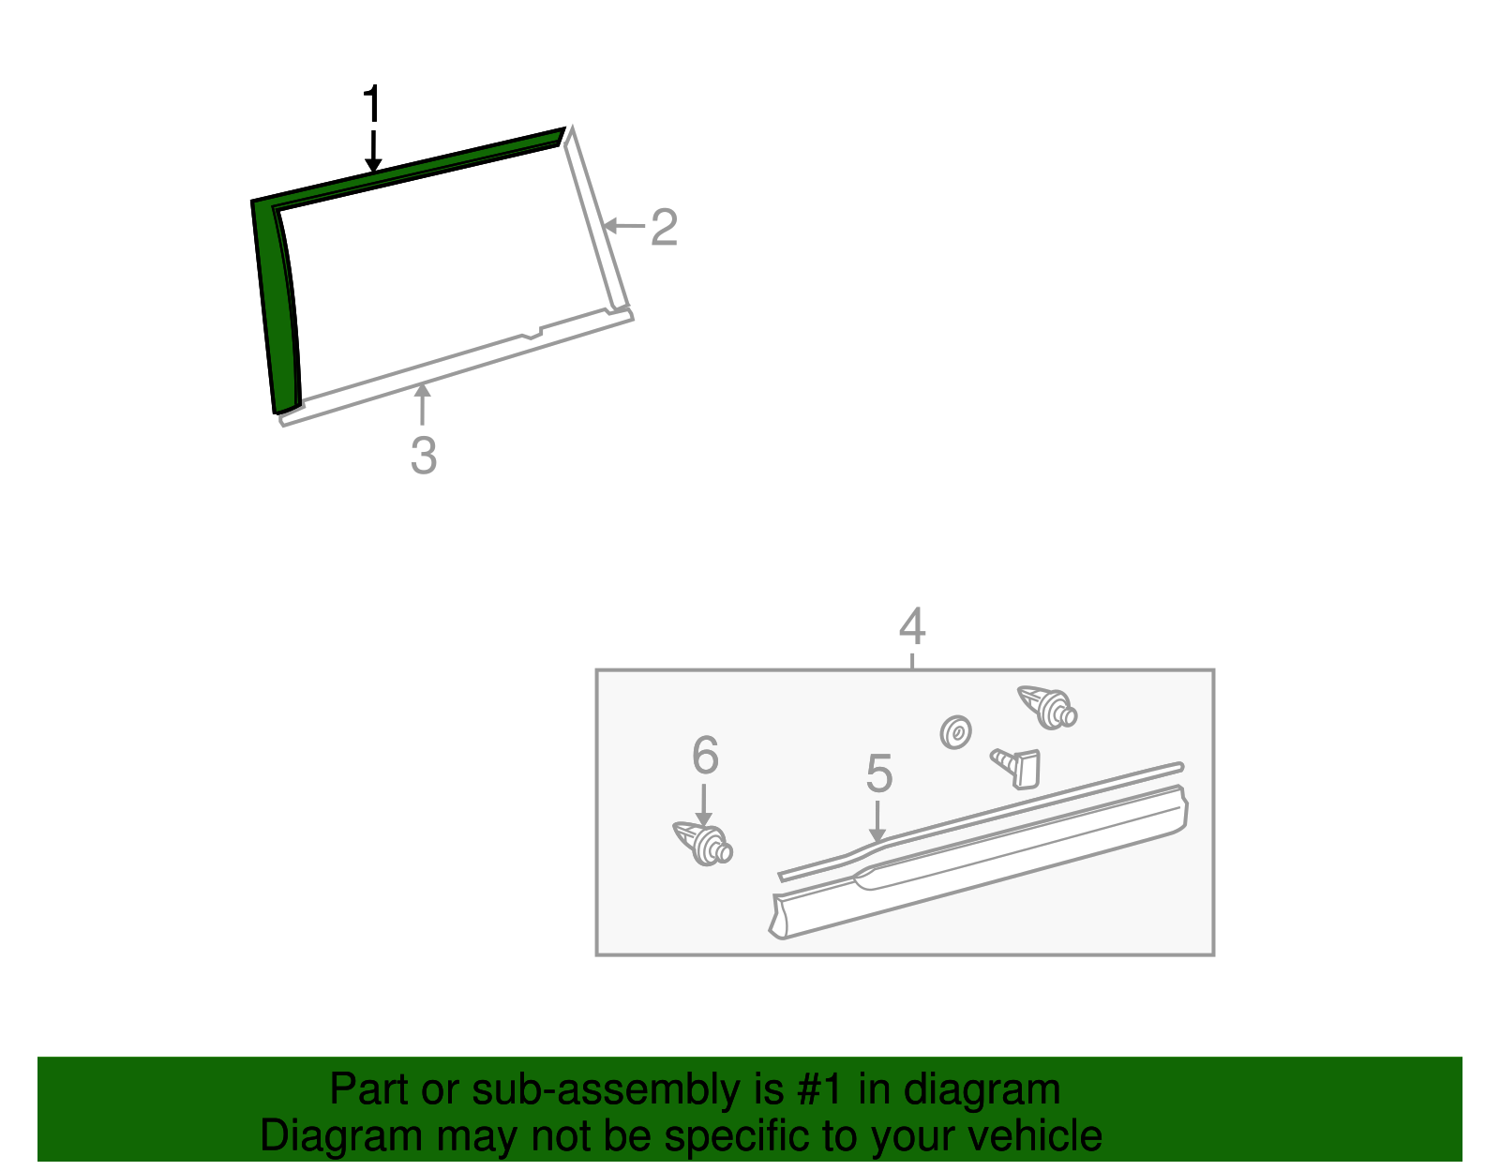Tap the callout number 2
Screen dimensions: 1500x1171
[664, 227]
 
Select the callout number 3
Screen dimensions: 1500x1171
[423, 456]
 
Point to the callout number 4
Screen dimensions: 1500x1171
[912, 626]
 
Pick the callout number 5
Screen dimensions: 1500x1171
[879, 773]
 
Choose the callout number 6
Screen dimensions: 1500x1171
[706, 755]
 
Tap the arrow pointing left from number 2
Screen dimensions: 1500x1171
[624, 226]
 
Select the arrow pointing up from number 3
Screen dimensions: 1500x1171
[423, 404]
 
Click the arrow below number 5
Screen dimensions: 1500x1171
[877, 822]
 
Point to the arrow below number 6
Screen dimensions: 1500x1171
[703, 804]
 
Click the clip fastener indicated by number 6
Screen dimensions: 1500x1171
[703, 844]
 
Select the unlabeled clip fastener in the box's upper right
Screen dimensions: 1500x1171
[1048, 707]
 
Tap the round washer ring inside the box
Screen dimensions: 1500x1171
[956, 732]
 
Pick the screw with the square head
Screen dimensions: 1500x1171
[1016, 768]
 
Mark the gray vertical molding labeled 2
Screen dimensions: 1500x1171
[595, 218]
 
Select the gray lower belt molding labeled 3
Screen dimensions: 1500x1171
[457, 368]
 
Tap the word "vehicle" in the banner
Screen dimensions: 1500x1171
[1035, 1135]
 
